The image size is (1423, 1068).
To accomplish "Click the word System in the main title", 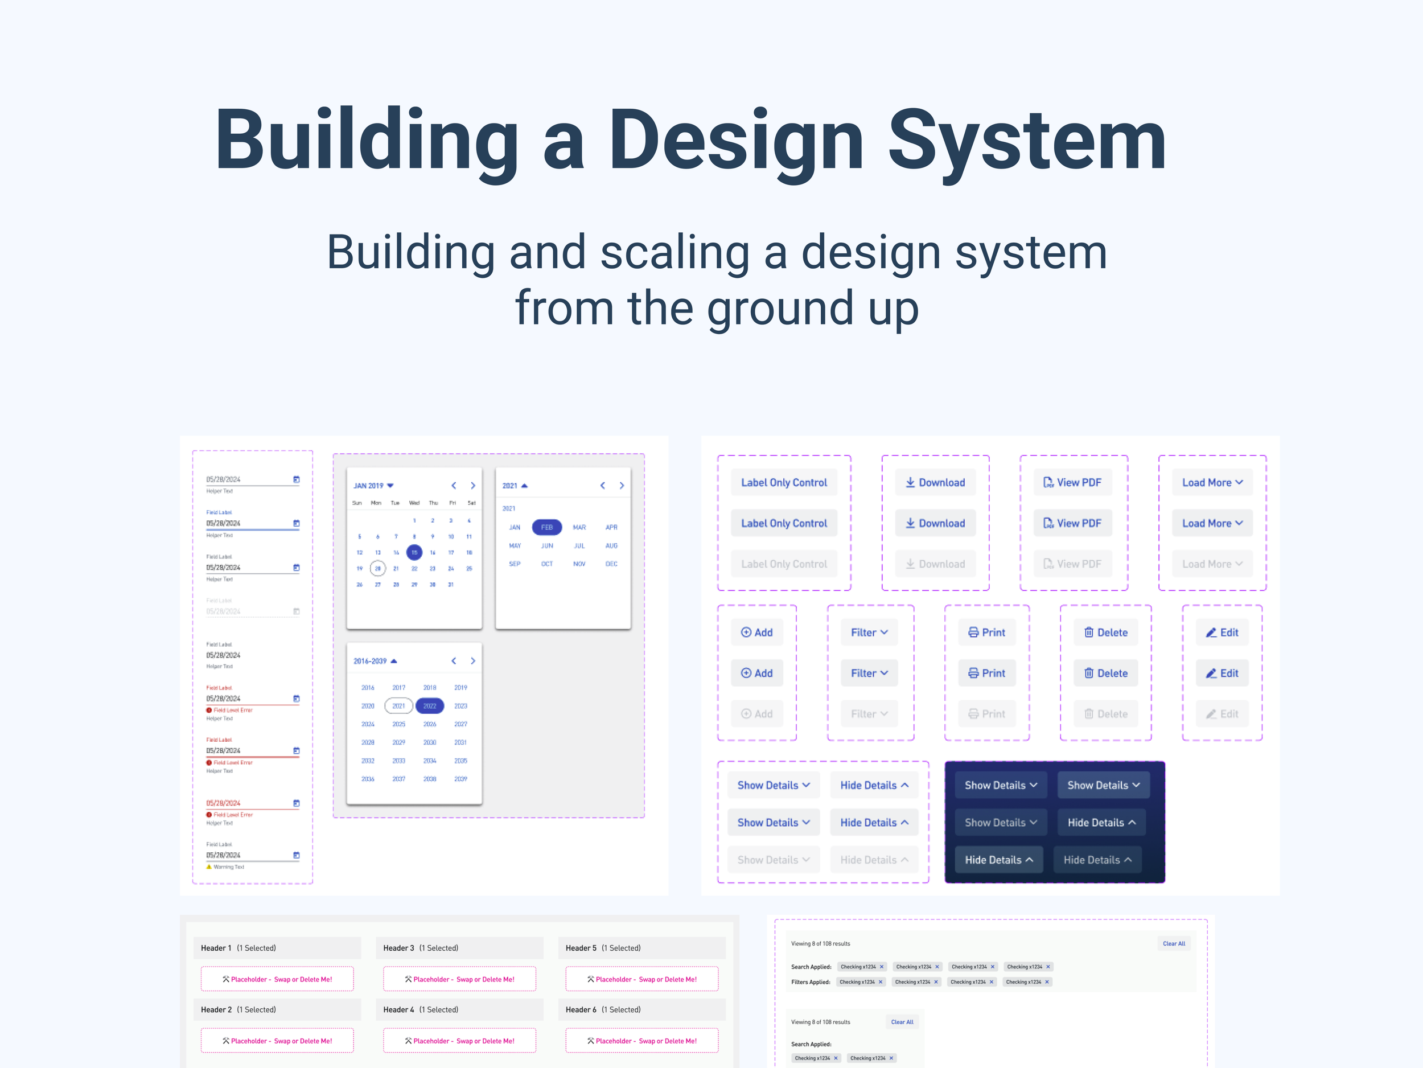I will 1027,140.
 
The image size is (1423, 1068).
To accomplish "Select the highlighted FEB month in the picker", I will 547,527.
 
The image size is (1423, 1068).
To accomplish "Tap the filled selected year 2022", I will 430,706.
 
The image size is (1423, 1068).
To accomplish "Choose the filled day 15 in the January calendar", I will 414,552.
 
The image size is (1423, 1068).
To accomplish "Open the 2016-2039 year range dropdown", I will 375,661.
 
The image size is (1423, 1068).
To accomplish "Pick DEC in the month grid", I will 611,564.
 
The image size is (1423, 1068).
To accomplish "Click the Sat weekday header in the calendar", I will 471,503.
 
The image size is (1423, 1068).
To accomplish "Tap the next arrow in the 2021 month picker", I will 622,486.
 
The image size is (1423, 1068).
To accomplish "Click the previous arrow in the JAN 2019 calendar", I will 454,486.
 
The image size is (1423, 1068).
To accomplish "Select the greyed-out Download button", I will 935,564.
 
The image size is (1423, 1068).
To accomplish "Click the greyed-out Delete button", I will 1106,714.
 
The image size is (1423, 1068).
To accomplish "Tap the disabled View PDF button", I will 1072,564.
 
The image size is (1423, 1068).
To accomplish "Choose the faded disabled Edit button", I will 1222,714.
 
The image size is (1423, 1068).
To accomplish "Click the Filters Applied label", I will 811,982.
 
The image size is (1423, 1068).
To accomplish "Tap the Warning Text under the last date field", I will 228,866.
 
